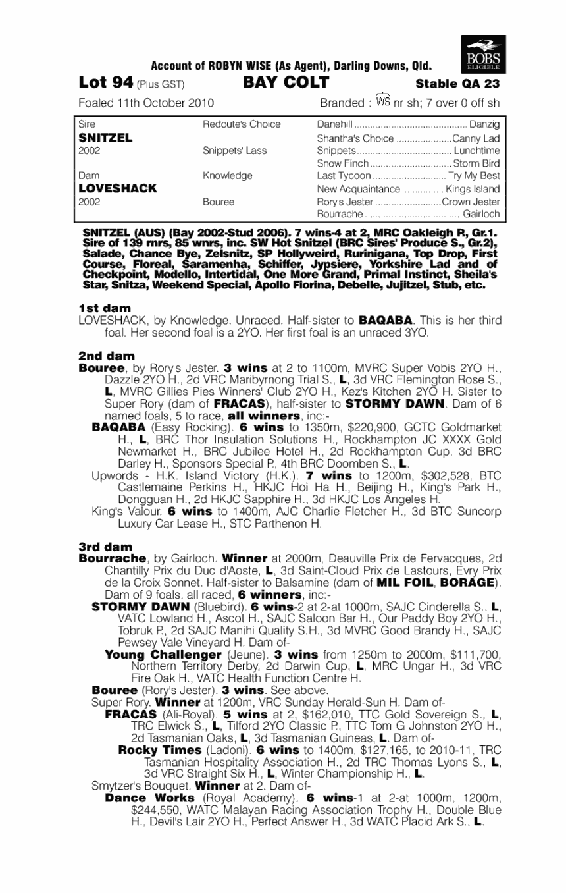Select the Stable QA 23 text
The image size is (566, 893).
point(457,84)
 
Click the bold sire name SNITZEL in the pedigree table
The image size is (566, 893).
point(105,138)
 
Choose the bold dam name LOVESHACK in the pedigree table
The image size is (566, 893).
point(117,188)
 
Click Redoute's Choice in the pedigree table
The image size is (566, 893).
point(242,124)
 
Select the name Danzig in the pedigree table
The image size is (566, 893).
point(485,124)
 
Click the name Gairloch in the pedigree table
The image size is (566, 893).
point(482,215)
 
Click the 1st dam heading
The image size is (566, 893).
point(104,308)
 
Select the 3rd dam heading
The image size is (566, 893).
point(105,547)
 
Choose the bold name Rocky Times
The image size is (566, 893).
point(159,750)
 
